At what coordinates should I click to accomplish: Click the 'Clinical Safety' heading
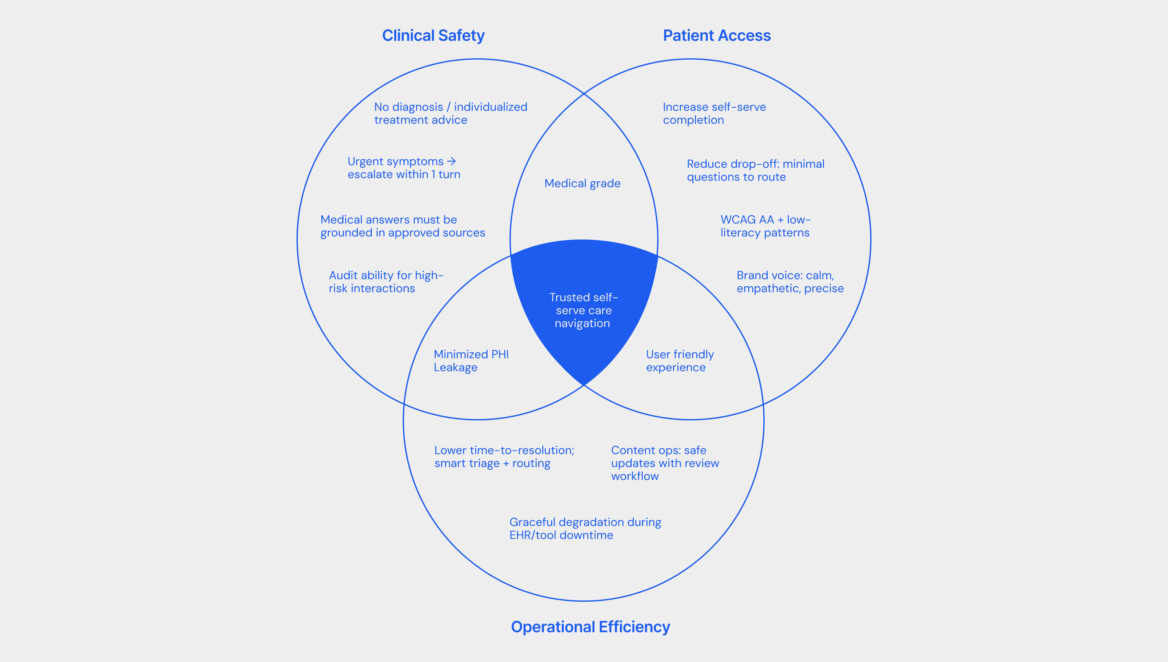click(433, 36)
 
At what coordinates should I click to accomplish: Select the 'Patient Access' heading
click(717, 36)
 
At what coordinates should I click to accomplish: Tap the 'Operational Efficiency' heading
click(590, 627)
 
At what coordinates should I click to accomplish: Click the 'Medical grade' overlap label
click(582, 183)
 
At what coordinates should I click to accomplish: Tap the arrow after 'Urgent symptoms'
click(451, 161)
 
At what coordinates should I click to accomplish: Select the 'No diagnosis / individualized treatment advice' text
click(450, 113)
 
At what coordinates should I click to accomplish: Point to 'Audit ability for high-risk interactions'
click(386, 282)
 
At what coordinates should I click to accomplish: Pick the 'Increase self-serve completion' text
click(714, 113)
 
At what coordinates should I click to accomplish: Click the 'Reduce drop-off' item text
click(755, 170)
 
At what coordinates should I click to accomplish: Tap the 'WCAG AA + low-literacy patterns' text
click(765, 226)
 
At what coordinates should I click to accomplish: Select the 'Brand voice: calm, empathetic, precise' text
click(790, 282)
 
